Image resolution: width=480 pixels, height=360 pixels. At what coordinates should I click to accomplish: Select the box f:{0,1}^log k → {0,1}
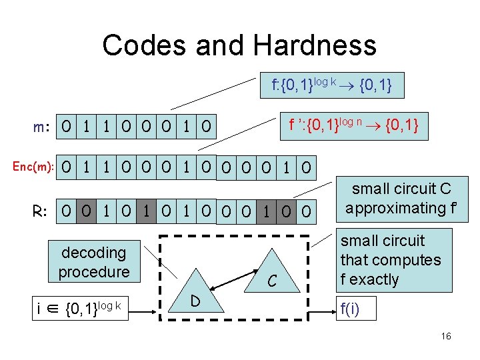click(x=331, y=85)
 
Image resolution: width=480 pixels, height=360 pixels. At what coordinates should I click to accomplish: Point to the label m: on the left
click(x=45, y=127)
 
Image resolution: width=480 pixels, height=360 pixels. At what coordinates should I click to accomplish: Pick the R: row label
click(x=41, y=212)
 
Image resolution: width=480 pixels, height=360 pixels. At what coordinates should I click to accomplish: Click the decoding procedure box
click(x=94, y=262)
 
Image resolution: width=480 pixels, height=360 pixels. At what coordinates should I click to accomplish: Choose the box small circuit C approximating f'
click(x=398, y=199)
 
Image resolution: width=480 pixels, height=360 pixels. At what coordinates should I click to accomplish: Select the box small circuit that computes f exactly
click(x=390, y=259)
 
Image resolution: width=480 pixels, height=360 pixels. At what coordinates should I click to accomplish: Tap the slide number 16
click(x=446, y=336)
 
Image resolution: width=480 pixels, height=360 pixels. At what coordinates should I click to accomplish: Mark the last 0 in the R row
click(x=305, y=212)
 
